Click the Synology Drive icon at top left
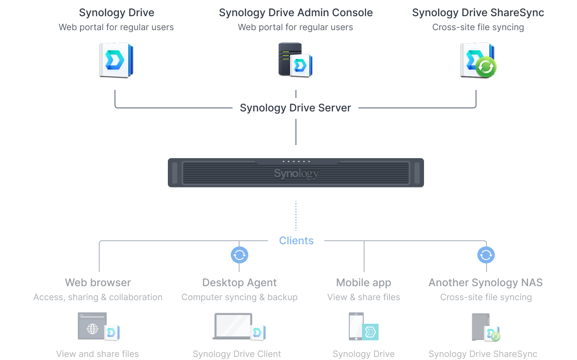tap(116, 60)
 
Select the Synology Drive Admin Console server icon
tap(295, 60)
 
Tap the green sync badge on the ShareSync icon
tap(486, 67)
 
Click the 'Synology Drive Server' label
tap(295, 108)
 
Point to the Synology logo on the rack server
tap(296, 174)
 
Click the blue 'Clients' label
tap(296, 241)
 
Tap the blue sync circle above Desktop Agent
tap(239, 255)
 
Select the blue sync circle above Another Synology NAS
tap(486, 255)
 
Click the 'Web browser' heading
tap(98, 283)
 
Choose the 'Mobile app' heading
tap(364, 283)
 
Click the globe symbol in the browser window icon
tap(93, 329)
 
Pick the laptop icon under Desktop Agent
tap(233, 326)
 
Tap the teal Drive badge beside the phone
tap(370, 332)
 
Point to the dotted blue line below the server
tap(295, 216)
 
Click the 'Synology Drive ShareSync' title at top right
tap(478, 13)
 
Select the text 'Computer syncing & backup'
tap(239, 297)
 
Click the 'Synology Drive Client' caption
tap(237, 354)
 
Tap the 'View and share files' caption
tap(97, 354)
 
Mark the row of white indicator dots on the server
tap(296, 162)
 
